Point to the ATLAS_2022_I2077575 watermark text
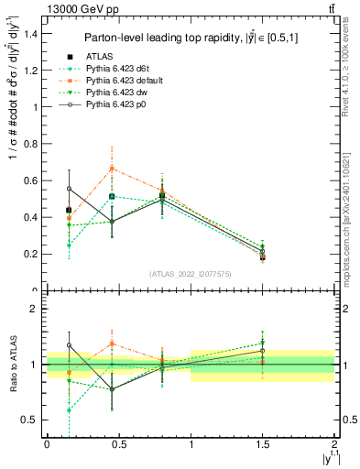tap(190, 273)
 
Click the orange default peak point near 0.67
tap(112, 169)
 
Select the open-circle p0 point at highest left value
tap(69, 189)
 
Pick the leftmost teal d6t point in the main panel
tap(69, 245)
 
